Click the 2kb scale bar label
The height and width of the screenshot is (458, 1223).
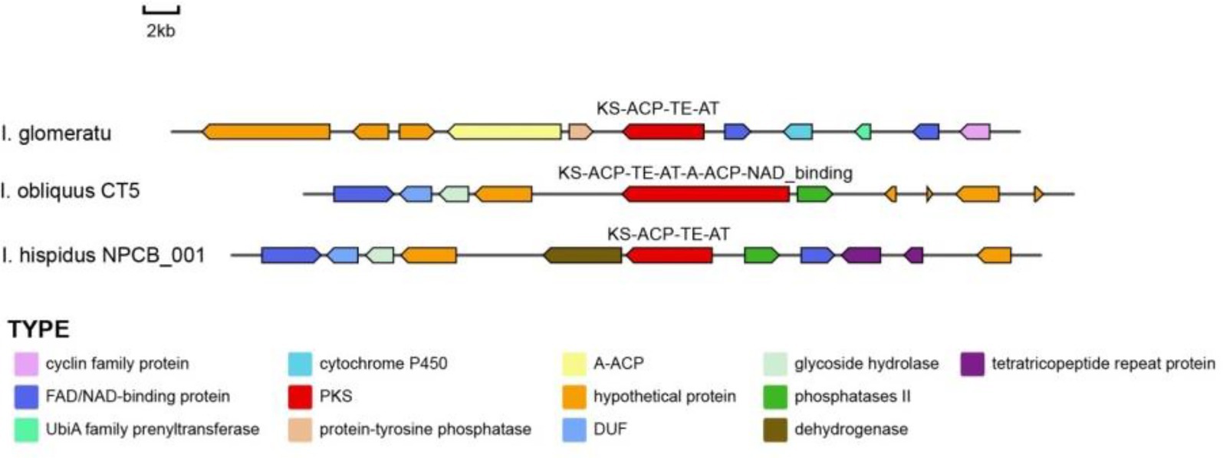pyautogui.click(x=161, y=31)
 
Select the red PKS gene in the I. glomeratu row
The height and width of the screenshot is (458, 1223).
pyautogui.click(x=664, y=132)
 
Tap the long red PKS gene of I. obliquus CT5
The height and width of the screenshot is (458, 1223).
pyautogui.click(x=706, y=194)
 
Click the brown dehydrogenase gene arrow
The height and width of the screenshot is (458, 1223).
pyautogui.click(x=584, y=255)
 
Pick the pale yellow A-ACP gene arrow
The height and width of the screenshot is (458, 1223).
pyautogui.click(x=505, y=132)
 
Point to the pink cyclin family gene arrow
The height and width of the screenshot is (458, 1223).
pyautogui.click(x=975, y=132)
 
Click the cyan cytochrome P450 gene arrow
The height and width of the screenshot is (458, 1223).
pyautogui.click(x=798, y=132)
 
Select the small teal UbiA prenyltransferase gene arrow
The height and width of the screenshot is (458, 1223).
pyautogui.click(x=863, y=132)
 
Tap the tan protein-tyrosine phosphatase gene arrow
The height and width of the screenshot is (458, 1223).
pyautogui.click(x=580, y=132)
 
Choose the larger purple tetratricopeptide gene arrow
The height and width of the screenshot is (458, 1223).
pyautogui.click(x=861, y=255)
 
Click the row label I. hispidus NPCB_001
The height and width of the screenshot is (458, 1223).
pyautogui.click(x=104, y=255)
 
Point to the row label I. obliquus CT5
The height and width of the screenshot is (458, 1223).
pyautogui.click(x=71, y=191)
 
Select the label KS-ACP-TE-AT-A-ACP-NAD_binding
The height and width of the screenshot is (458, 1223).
pyautogui.click(x=705, y=173)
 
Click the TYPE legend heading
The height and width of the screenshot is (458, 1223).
pyautogui.click(x=39, y=330)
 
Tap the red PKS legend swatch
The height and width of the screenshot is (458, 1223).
pyautogui.click(x=300, y=397)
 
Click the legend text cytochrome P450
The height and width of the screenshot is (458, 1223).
pyautogui.click(x=383, y=364)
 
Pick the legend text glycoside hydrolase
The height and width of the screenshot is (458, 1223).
pyautogui.click(x=866, y=364)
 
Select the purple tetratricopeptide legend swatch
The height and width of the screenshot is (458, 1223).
pyautogui.click(x=972, y=364)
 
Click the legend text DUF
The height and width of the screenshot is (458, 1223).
pyautogui.click(x=610, y=429)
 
